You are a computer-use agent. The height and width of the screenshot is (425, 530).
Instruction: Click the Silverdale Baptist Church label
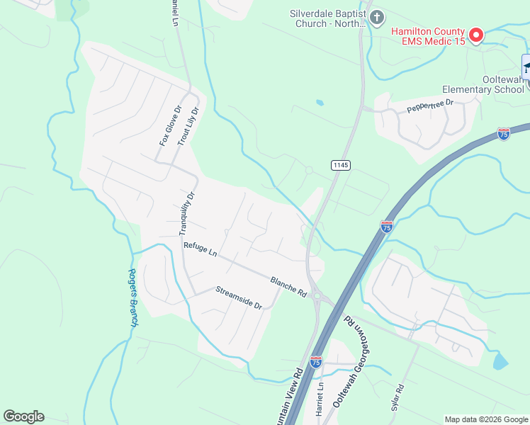tap(328, 18)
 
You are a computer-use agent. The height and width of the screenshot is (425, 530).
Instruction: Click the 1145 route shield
tap(341, 164)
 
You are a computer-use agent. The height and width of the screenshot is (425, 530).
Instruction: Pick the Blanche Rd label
tap(288, 286)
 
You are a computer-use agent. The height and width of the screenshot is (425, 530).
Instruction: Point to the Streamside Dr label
tap(239, 297)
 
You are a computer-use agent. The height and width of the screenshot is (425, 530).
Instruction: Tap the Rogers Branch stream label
tap(133, 297)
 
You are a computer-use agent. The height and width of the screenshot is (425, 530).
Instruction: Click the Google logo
tap(23, 416)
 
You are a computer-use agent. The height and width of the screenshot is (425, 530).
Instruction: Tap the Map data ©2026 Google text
tap(486, 419)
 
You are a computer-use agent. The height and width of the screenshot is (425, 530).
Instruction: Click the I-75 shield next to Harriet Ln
tap(316, 363)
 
